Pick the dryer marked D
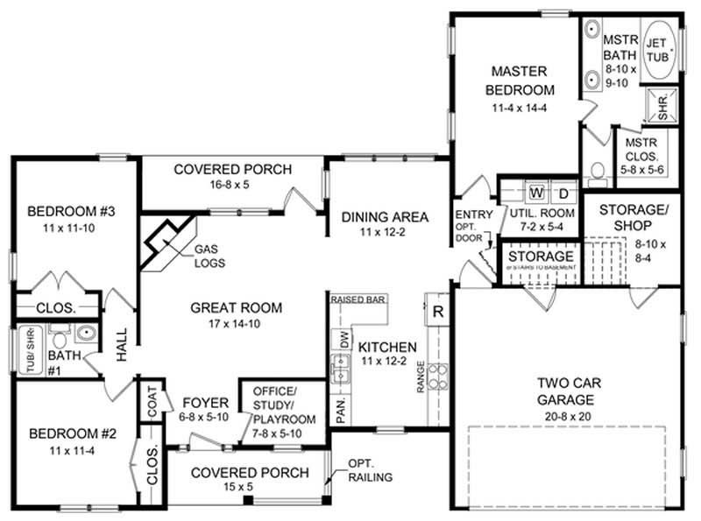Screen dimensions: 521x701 (563, 192)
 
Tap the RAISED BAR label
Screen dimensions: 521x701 (358, 299)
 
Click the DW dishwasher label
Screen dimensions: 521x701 (344, 337)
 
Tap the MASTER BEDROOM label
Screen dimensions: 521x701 (522, 80)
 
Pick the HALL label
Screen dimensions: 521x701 (122, 346)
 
